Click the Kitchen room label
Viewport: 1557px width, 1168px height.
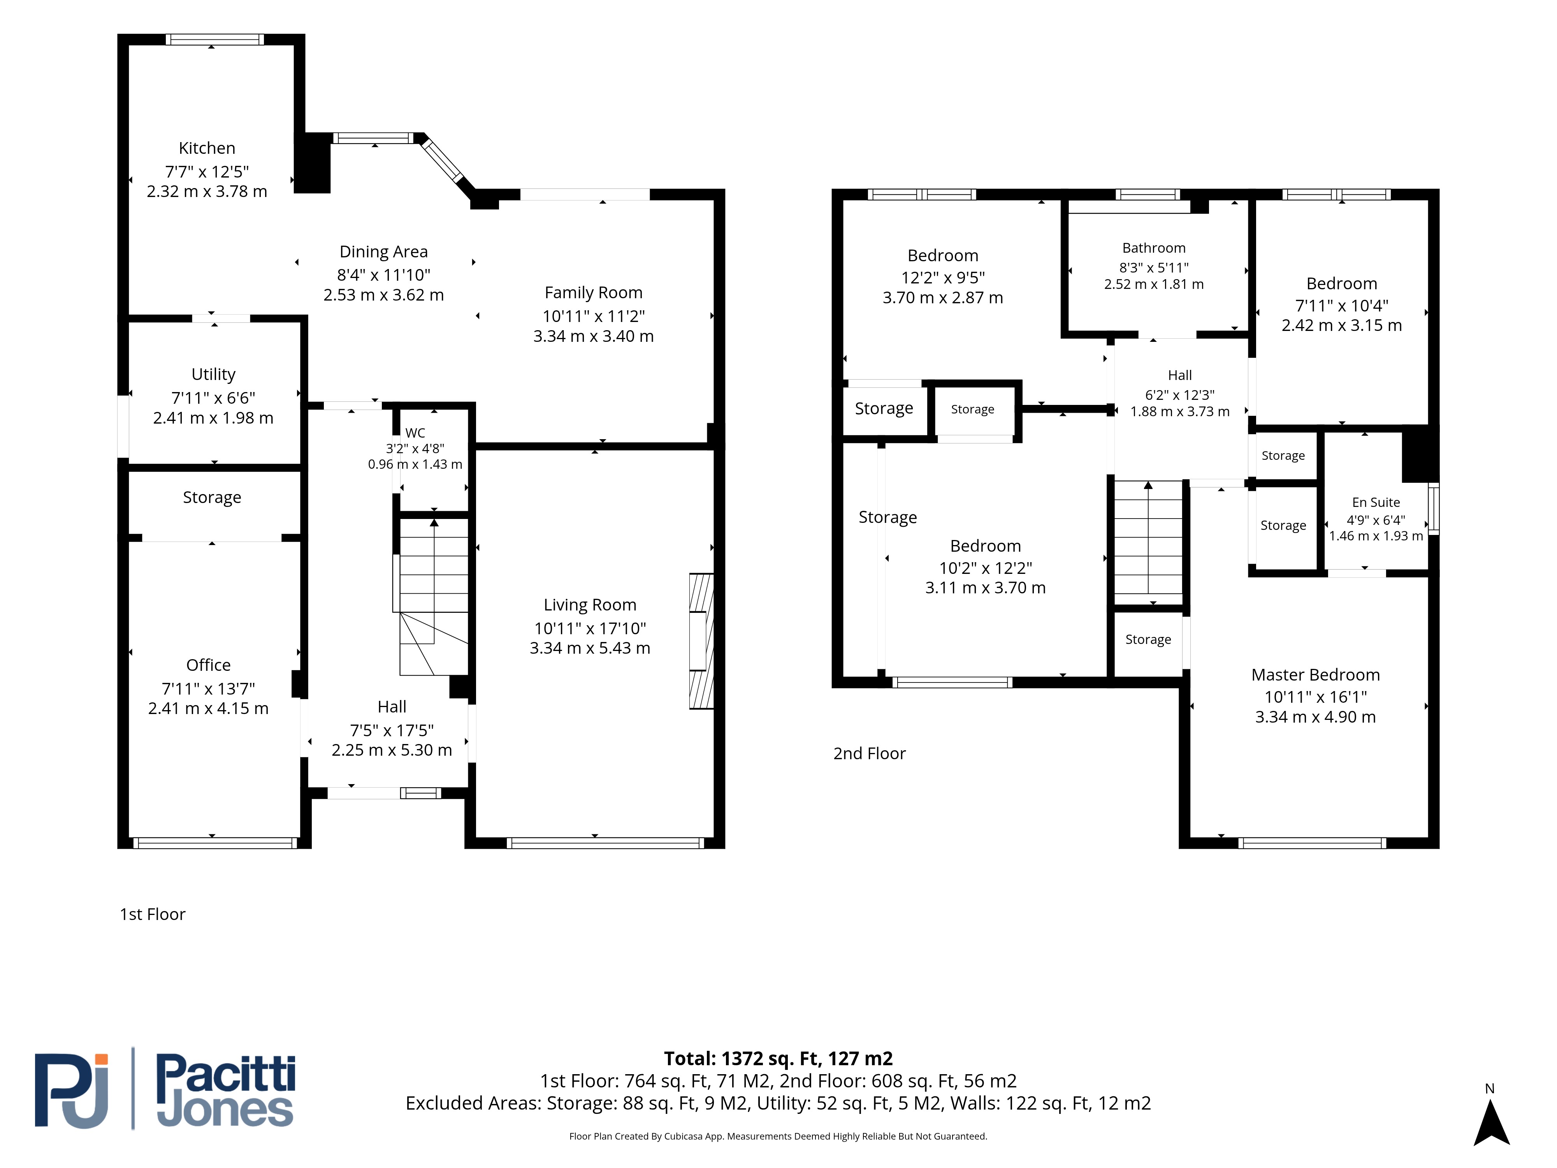pyautogui.click(x=207, y=148)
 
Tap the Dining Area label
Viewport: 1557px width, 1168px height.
pyautogui.click(x=384, y=252)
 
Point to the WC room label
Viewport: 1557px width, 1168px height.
pyautogui.click(x=415, y=433)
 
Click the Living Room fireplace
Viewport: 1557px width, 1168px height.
pyautogui.click(x=701, y=641)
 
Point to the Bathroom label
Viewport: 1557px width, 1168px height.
pyautogui.click(x=1154, y=248)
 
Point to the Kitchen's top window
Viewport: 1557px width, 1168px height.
pyautogui.click(x=215, y=39)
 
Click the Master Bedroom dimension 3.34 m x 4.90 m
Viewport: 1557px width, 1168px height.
pyautogui.click(x=1316, y=717)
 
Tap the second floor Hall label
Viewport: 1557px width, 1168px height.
pyautogui.click(x=1180, y=375)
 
